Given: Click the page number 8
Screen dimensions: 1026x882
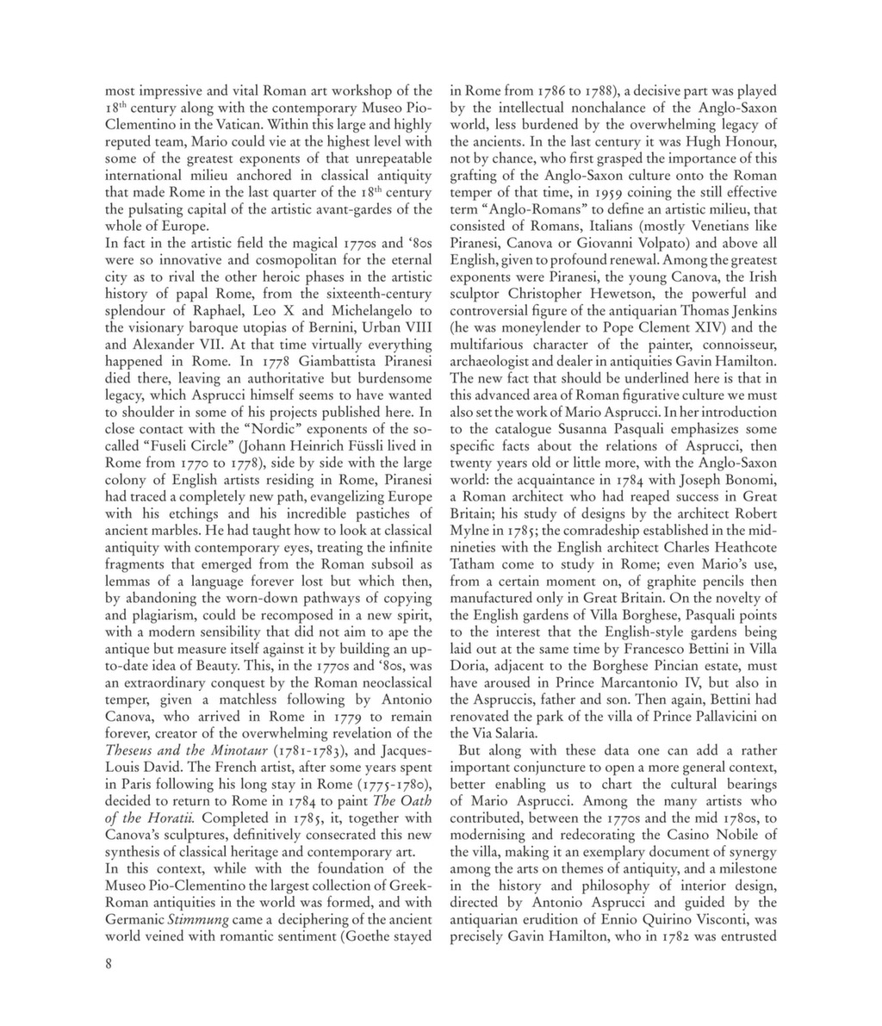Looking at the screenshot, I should pos(109,964).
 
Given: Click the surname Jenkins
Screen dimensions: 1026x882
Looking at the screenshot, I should pos(748,310).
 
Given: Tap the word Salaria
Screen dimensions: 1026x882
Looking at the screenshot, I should pos(512,733).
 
